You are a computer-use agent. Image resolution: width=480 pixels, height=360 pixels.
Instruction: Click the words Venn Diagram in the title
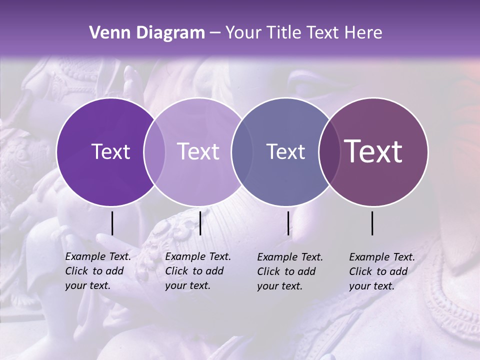coord(147,33)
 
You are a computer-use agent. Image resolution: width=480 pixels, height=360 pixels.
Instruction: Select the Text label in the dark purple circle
coord(110,151)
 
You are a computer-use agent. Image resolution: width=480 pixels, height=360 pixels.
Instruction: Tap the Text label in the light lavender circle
coord(198,151)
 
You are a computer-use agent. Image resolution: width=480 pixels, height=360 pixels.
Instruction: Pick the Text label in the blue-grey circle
coord(285,151)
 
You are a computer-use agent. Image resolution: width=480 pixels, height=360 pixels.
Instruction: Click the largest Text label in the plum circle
coord(373,151)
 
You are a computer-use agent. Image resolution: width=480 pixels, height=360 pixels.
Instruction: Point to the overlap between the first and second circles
coord(154,151)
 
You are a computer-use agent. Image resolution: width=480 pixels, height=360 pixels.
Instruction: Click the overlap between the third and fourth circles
coord(329,151)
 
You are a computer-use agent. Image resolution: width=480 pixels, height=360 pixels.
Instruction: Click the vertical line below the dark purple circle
coord(112,223)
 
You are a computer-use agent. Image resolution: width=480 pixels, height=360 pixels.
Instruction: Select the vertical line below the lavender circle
coord(200,223)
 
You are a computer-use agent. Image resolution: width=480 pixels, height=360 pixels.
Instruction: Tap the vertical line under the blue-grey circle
coord(288,223)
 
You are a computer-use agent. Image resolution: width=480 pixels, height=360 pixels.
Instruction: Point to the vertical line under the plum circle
coord(372,223)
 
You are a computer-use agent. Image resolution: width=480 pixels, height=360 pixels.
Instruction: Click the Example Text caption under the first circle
coord(98,271)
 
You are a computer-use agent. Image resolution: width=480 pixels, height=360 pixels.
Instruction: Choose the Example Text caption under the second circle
coord(198,271)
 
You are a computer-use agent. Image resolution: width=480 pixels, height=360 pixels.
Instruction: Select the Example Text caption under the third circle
coord(290,271)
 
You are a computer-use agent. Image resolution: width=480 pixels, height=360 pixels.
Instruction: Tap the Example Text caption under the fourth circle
coord(382,271)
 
